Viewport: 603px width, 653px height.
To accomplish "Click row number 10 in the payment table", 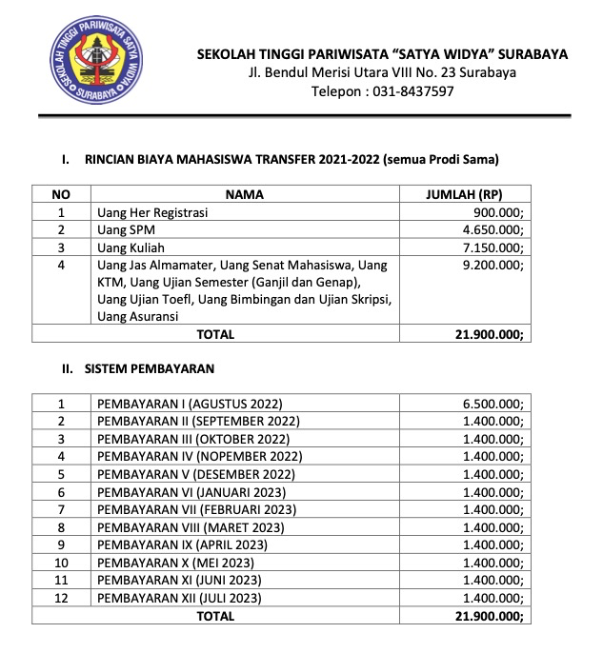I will (x=62, y=563).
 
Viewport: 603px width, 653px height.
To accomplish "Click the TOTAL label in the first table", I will (x=215, y=334).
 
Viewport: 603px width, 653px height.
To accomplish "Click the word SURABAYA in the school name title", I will (x=525, y=53).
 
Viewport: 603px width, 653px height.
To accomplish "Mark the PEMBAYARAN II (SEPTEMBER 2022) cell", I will (x=198, y=421).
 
